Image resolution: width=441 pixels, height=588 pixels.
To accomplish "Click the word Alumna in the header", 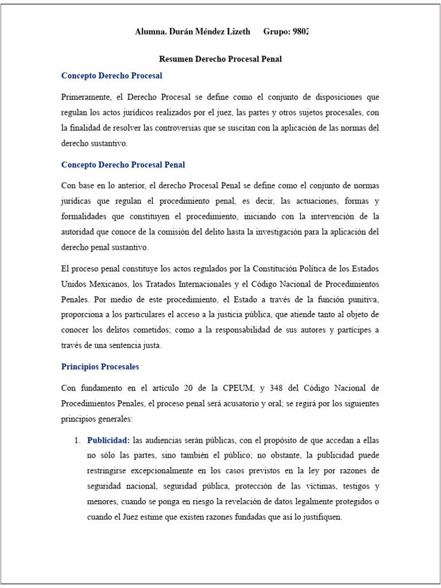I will tap(150, 32).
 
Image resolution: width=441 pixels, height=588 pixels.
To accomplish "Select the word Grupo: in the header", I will tap(277, 32).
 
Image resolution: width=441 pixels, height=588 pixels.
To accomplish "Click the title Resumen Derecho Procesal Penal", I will tap(220, 59).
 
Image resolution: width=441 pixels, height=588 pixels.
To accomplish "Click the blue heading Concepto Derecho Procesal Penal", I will tap(123, 165).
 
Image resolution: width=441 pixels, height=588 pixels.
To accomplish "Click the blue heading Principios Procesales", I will tap(100, 366).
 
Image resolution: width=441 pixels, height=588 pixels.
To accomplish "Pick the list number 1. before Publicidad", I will tap(77, 440).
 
